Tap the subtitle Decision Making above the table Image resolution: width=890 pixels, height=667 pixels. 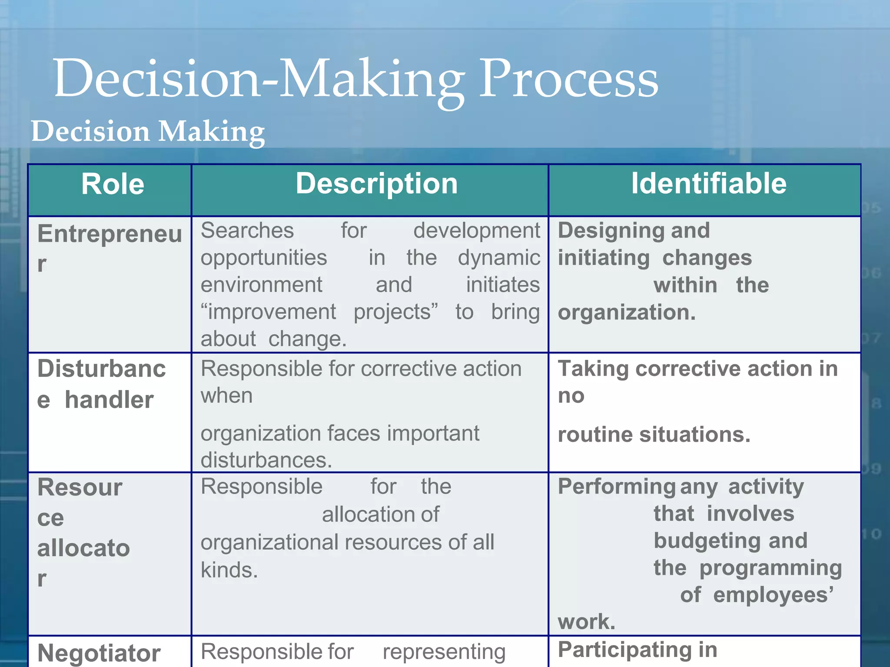(148, 132)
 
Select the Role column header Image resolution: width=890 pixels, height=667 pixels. (113, 184)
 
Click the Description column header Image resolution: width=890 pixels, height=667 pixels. (377, 184)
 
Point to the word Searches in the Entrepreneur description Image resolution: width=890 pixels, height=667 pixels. (247, 230)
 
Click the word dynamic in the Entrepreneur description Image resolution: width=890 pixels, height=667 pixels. (499, 258)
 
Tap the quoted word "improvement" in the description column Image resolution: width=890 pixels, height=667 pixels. (268, 312)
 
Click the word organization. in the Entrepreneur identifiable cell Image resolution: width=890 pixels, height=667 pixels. (626, 313)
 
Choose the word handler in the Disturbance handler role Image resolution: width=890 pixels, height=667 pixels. (109, 400)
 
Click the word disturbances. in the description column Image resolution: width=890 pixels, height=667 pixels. (266, 460)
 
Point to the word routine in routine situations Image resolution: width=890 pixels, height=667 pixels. (595, 435)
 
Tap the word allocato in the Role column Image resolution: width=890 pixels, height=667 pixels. (83, 548)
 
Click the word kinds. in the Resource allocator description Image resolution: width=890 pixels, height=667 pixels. (229, 570)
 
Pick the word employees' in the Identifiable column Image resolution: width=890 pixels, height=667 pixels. (773, 595)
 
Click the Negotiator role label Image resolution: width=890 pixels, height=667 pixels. (99, 653)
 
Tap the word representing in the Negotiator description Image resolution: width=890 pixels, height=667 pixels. (444, 652)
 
